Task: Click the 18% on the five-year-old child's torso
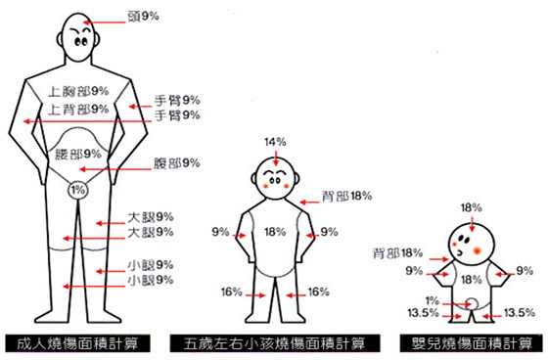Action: point(276,233)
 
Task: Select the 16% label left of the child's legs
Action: point(232,292)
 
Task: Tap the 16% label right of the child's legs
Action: point(320,292)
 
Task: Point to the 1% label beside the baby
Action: point(434,298)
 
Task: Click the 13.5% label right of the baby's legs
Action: point(519,312)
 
